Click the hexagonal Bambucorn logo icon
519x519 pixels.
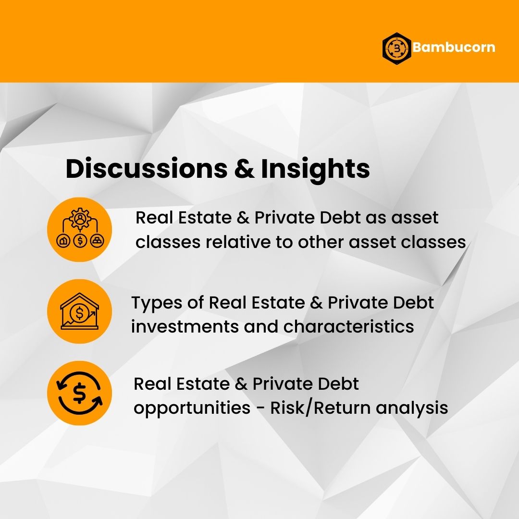click(396, 49)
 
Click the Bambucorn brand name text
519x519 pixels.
click(454, 47)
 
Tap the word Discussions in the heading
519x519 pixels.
click(146, 169)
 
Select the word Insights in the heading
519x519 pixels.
click(315, 170)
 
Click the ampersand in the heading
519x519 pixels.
click(244, 169)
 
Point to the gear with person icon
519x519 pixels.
click(79, 219)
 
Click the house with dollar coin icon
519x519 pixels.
click(79, 311)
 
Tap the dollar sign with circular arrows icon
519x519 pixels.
click(79, 393)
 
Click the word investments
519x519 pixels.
click(185, 327)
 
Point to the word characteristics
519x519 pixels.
click(348, 326)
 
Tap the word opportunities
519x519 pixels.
click(192, 408)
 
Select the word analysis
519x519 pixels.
click(412, 408)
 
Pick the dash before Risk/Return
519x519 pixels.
click(260, 409)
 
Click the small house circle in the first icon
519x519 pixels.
click(63, 241)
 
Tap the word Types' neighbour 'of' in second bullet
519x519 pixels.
click(195, 303)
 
